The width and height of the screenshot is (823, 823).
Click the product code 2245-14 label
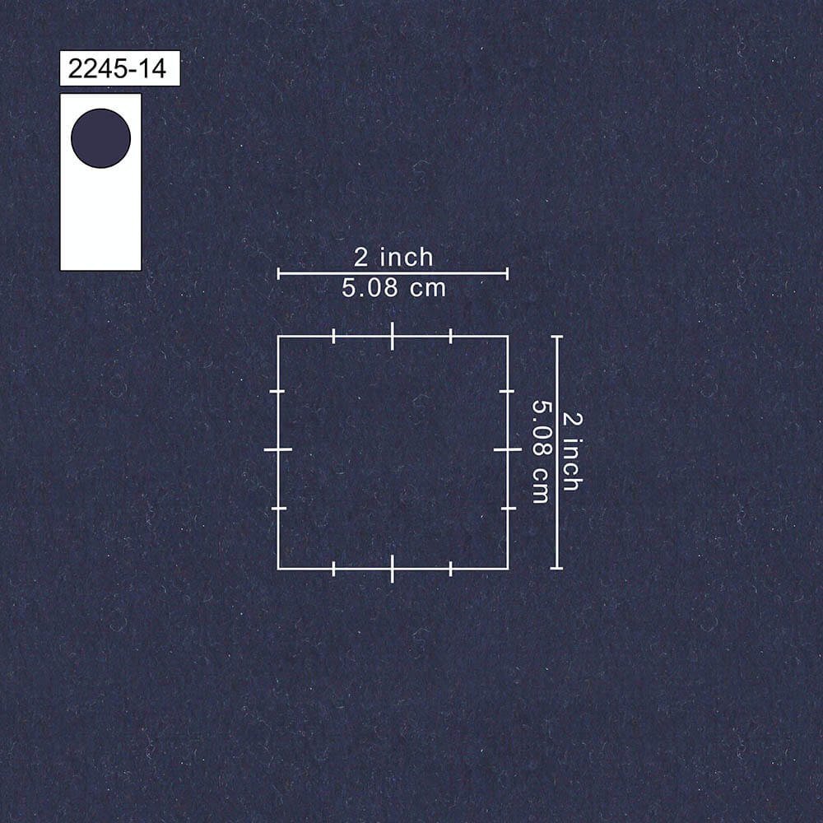click(x=119, y=68)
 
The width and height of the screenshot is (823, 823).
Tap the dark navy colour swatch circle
click(x=100, y=138)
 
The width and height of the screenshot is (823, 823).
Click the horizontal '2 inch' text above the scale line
click(x=393, y=257)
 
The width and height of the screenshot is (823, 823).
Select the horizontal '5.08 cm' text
click(x=393, y=287)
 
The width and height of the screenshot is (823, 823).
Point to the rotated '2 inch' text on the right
click(x=572, y=452)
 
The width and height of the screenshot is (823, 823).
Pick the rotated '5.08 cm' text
click(x=541, y=452)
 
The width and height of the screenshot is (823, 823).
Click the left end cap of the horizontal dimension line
click(x=278, y=273)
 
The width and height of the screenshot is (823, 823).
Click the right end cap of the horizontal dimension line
click(x=508, y=273)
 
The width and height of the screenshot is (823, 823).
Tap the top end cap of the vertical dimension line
click(x=557, y=337)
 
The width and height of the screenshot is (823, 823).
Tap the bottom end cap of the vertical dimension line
click(x=557, y=568)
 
